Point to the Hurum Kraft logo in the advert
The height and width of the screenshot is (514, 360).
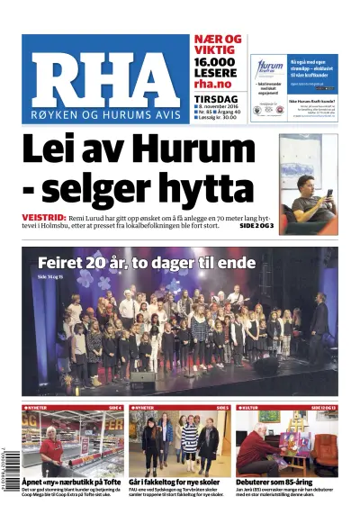pos(268,68)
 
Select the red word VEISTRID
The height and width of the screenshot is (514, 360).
pos(44,218)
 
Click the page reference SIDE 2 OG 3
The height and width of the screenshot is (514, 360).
pos(256,225)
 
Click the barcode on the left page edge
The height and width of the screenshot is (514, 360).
pos(8,464)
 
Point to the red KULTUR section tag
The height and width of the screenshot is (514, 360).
pos(249,408)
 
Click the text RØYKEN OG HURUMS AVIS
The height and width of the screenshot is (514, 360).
pos(103,116)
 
